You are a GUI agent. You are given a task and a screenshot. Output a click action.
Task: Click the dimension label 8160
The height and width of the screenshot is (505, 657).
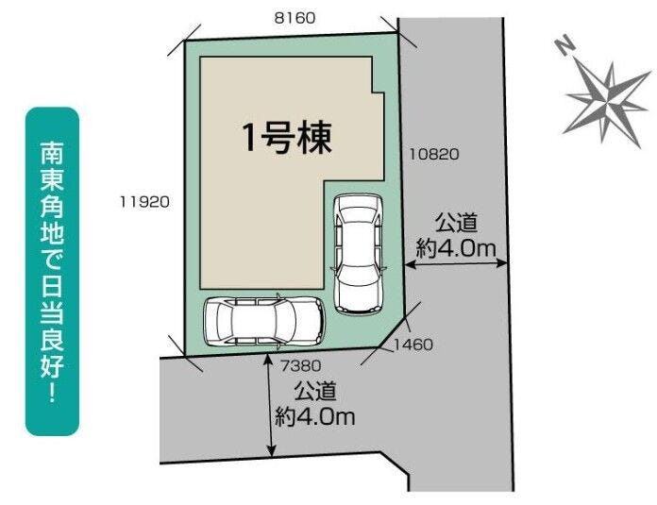295,18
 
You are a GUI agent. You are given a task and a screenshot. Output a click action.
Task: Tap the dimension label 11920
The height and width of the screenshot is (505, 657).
144,202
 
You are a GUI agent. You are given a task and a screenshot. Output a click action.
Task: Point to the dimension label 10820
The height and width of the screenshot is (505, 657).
434,154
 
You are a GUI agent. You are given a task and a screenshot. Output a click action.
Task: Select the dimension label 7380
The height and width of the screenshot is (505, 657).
300,366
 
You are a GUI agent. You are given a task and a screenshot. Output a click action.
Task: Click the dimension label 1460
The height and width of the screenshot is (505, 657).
413,345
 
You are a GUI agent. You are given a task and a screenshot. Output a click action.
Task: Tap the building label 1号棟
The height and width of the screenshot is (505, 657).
287,138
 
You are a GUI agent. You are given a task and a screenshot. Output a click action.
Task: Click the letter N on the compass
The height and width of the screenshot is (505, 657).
564,45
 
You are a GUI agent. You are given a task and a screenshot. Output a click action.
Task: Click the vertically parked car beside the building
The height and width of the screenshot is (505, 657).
359,254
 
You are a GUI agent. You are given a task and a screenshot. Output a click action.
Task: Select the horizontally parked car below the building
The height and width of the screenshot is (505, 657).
265,321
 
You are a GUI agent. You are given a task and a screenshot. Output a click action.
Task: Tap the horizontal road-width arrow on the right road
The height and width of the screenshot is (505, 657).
456,263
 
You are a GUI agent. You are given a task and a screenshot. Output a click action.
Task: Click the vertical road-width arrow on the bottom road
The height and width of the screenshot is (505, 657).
272,405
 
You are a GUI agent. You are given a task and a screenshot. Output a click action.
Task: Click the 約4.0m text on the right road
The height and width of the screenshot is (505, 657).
456,249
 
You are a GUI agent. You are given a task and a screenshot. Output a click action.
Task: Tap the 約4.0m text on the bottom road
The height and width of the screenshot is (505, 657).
315,416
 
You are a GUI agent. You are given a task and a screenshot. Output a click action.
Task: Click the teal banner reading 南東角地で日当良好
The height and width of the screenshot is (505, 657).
52,272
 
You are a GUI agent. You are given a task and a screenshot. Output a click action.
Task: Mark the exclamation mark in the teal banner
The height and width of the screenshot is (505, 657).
52,392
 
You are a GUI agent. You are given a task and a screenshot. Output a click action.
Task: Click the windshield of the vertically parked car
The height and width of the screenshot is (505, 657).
359,218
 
